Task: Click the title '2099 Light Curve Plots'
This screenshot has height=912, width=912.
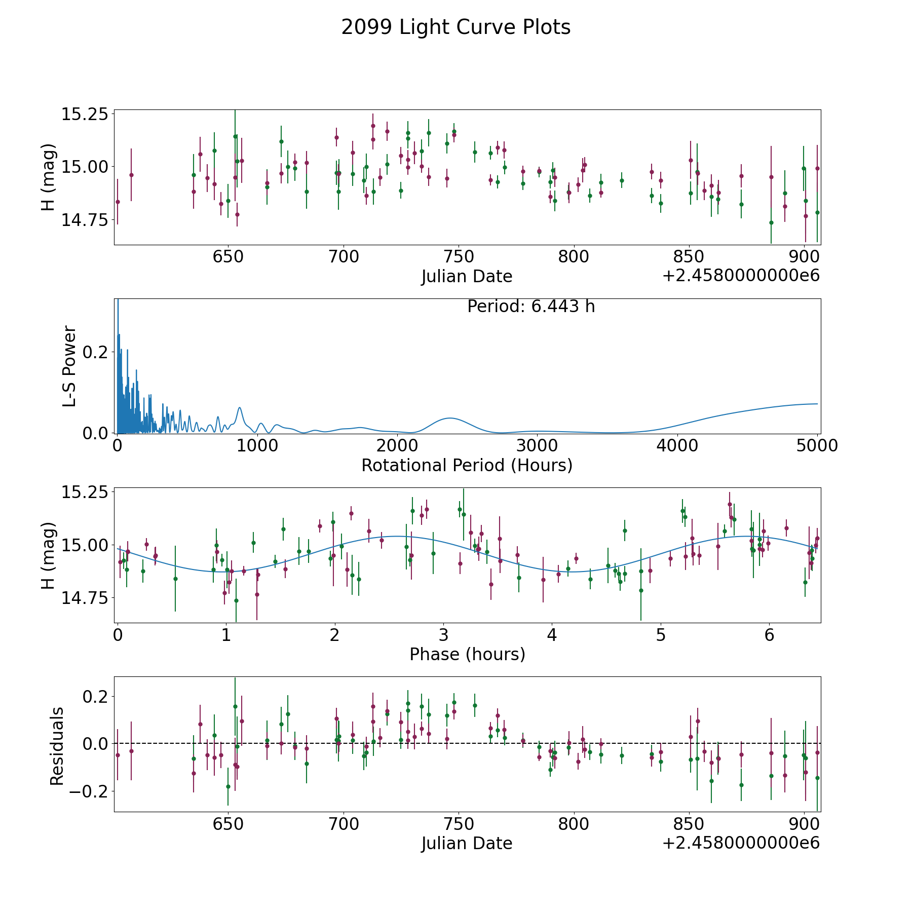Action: [455, 27]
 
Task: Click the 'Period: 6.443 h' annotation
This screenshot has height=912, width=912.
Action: [530, 307]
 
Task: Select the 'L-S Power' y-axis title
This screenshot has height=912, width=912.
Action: [70, 366]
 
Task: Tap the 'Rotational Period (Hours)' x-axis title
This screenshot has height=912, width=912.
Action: [467, 465]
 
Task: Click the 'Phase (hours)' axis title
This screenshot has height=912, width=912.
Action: [467, 654]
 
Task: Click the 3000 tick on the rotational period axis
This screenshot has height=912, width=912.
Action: [537, 445]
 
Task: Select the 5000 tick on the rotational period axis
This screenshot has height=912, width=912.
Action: [817, 445]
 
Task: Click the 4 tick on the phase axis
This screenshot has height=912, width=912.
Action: [552, 635]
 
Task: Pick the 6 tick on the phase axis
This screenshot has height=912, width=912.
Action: [770, 635]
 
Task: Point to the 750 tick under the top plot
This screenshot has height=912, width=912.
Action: [459, 256]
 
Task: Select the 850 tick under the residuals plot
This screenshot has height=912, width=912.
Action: [689, 824]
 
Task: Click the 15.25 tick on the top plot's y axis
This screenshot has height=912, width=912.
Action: [85, 114]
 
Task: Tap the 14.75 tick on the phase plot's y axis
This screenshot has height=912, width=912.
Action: [85, 598]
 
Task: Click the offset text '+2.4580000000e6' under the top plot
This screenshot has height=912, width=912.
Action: [741, 276]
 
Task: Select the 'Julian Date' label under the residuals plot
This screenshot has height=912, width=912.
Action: [467, 844]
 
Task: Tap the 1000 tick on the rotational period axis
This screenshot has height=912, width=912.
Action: [257, 445]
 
